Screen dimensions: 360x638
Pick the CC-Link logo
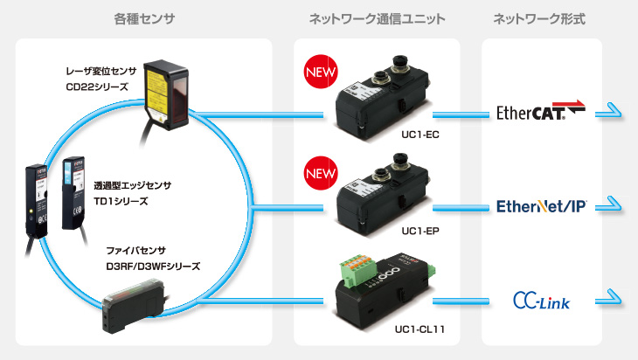(541, 301)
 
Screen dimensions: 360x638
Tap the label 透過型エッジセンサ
(133, 185)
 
